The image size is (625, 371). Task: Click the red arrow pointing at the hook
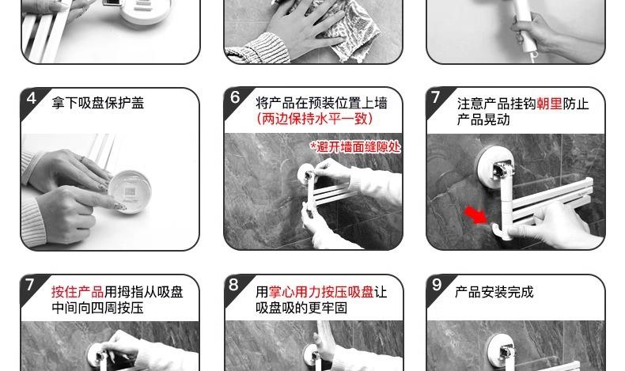pos(476,214)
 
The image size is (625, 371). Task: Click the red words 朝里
pos(549,104)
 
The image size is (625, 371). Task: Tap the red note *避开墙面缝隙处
pos(355,147)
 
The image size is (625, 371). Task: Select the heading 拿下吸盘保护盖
pos(97,103)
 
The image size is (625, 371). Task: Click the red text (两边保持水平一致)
pos(315,119)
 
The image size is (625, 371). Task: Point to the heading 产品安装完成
pos(494,292)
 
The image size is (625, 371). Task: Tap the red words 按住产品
pos(78,292)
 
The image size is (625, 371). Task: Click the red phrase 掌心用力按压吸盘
pos(321,292)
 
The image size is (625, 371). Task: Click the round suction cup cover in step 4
pos(130,191)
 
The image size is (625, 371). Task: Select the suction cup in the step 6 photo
pos(306,175)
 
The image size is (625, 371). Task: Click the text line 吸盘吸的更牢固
pos(301,308)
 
